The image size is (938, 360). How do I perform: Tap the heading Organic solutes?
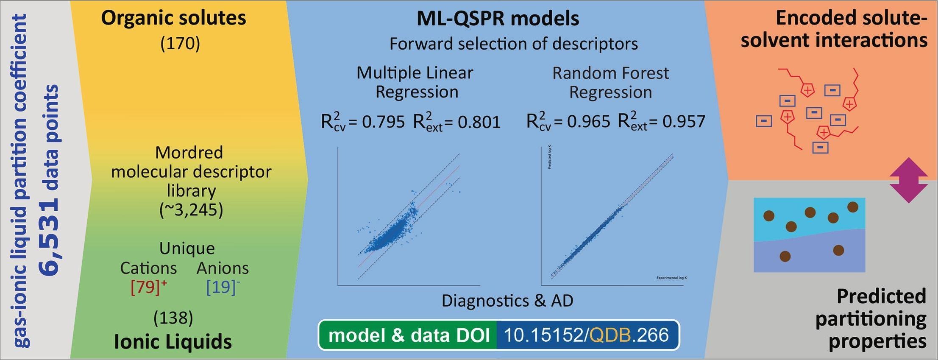(173, 18)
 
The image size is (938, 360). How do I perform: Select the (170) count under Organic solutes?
(180, 44)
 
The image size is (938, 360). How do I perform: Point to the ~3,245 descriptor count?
(191, 210)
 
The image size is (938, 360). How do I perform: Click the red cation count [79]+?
(149, 287)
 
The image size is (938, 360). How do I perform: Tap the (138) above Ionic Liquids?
(173, 318)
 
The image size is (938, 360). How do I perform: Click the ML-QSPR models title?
(498, 19)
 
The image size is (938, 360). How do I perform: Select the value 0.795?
(384, 122)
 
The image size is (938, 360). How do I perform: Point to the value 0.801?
(479, 122)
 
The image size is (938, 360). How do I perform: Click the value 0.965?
(589, 122)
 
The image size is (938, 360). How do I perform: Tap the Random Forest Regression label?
(610, 83)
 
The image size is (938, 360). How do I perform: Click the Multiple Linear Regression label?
(415, 82)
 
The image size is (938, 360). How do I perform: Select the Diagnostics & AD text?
(507, 301)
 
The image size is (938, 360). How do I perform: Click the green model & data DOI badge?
(409, 335)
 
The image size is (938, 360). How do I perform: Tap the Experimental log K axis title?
(671, 278)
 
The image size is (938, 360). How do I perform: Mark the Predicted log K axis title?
(550, 157)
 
